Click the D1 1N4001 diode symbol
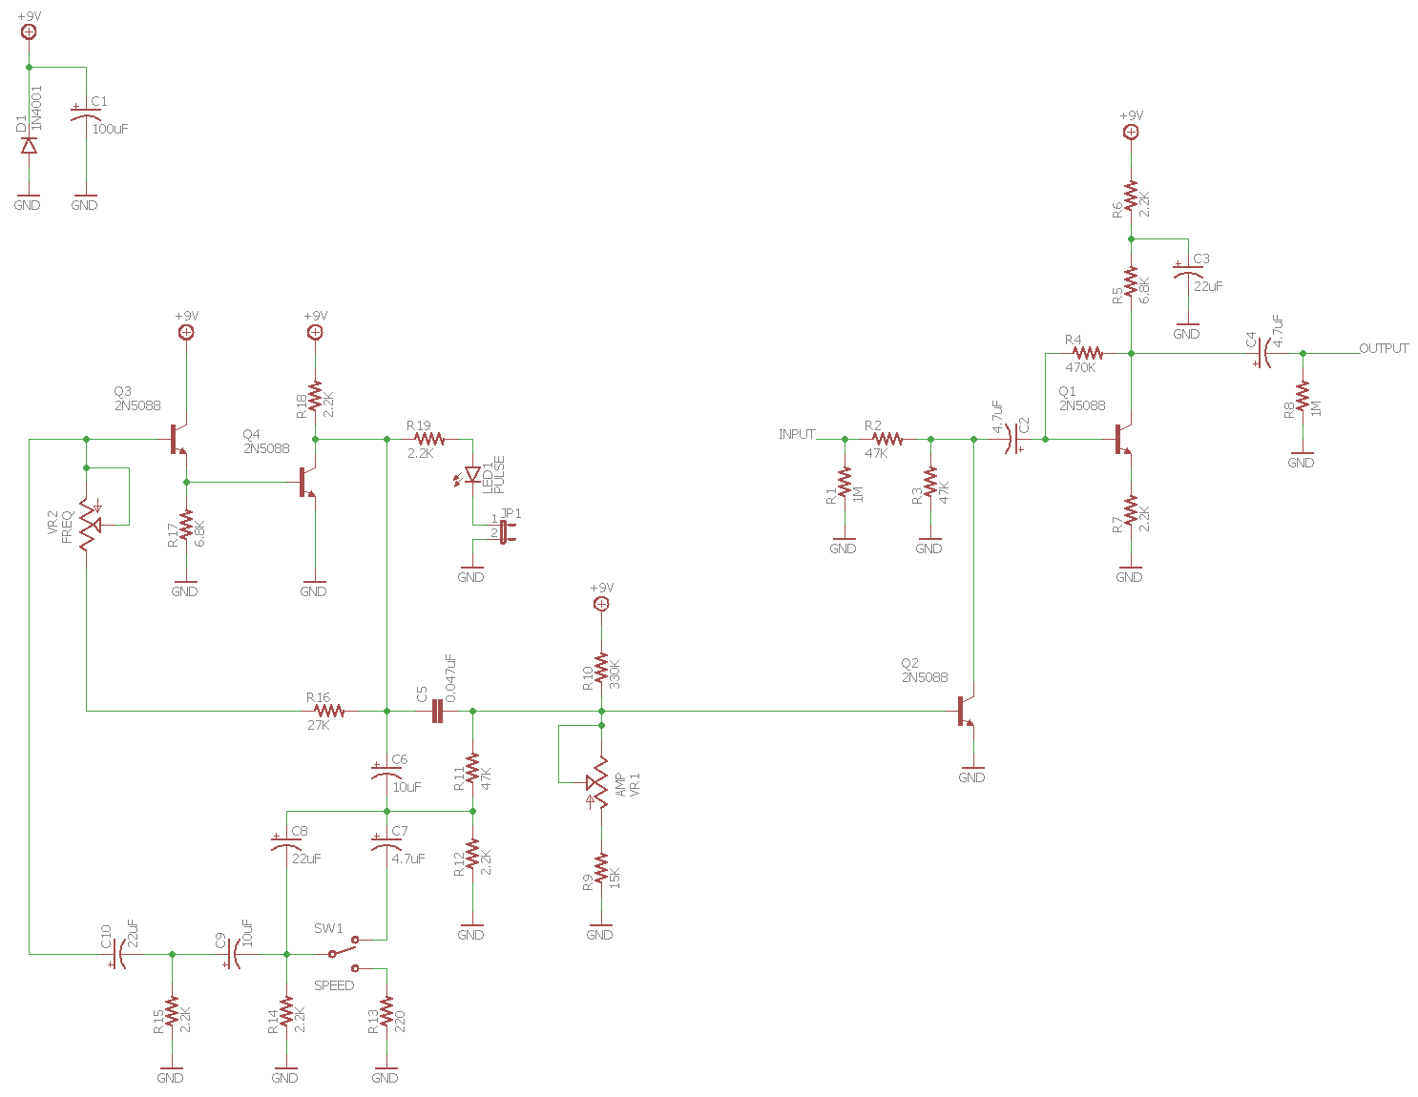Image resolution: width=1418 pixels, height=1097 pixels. tap(29, 145)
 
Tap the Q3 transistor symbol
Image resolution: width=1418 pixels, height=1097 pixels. tap(178, 440)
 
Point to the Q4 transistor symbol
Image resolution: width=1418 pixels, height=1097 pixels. tap(307, 483)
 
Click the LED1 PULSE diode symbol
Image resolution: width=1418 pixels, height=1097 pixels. tap(472, 475)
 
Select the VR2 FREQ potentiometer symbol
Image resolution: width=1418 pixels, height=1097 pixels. tap(89, 523)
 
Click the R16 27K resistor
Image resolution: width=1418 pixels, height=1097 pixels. tap(329, 711)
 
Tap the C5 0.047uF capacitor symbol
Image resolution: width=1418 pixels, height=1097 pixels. tap(437, 711)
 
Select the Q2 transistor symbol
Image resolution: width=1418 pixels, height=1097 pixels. tap(966, 712)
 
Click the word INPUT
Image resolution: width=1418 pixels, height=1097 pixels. tap(797, 434)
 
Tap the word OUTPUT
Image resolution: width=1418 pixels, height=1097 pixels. tap(1384, 348)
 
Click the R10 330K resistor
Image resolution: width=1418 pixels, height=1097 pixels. tap(601, 670)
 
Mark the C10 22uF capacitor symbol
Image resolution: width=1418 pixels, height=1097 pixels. tap(117, 953)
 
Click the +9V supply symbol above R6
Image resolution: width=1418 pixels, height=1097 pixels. tap(1131, 132)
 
